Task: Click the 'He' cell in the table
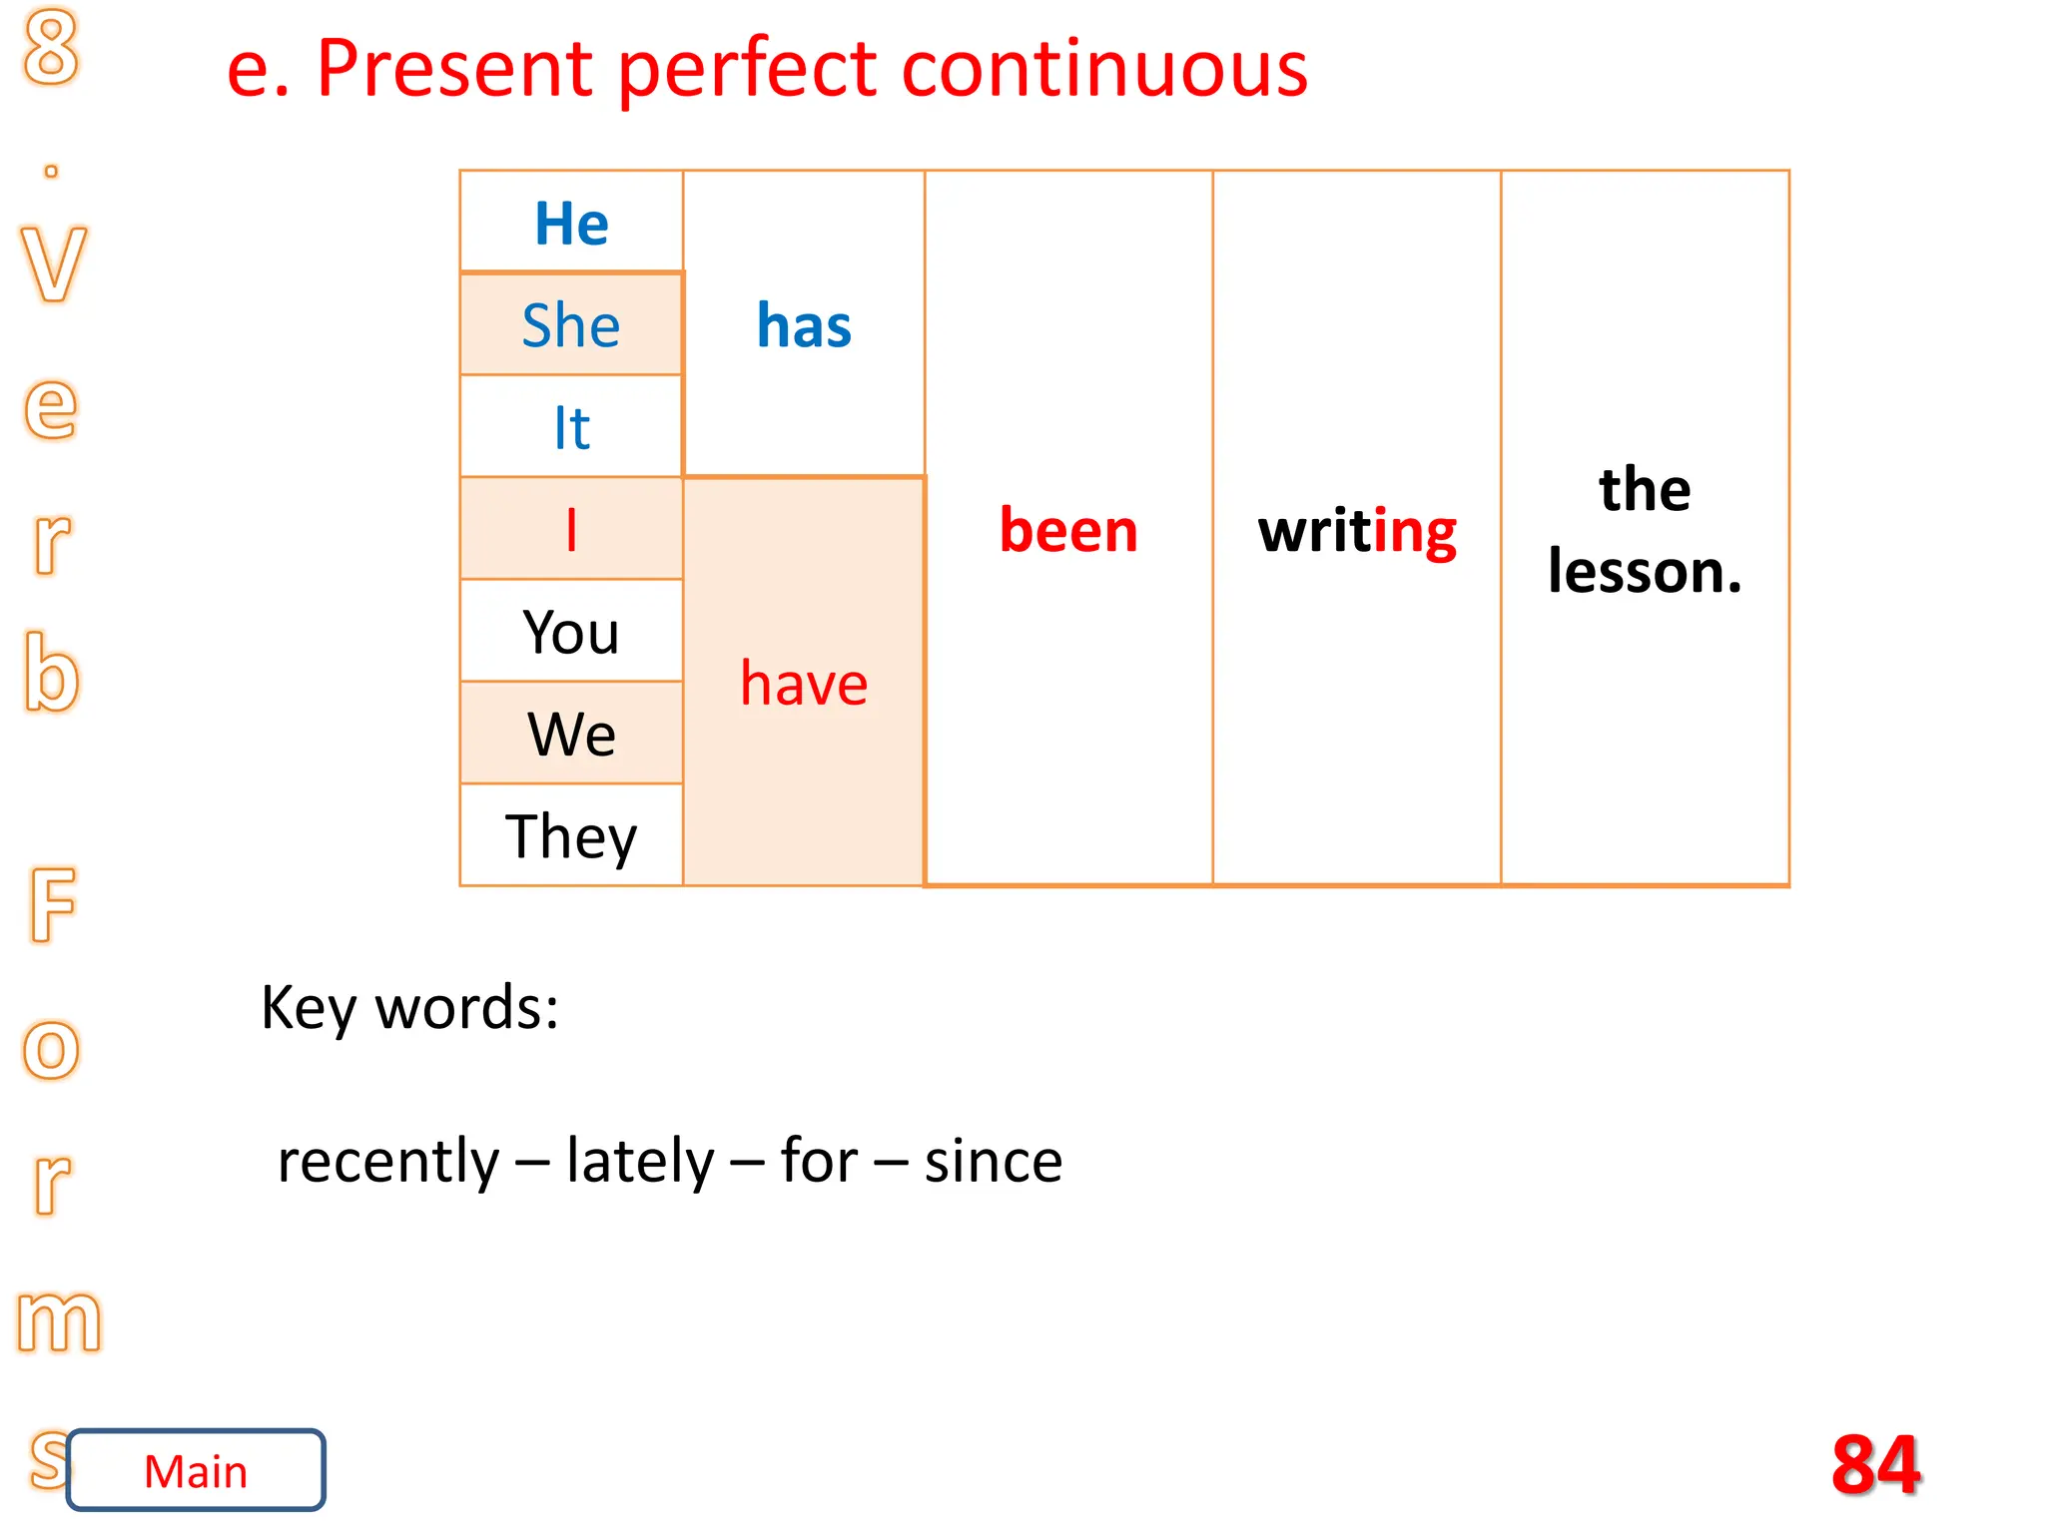(571, 223)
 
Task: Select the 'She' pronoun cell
(571, 325)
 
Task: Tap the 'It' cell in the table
(571, 427)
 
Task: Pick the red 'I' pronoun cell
(571, 529)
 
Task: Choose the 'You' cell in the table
(571, 632)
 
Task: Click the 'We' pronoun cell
(571, 734)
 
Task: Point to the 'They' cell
(571, 836)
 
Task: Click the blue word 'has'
(804, 325)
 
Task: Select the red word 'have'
(804, 684)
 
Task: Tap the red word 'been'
(1068, 530)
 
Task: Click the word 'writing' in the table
(1357, 530)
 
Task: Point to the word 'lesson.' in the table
(1645, 572)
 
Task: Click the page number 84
(1875, 1464)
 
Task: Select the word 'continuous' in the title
(1104, 69)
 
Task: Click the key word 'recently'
(387, 1161)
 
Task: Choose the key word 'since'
(994, 1161)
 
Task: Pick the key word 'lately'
(640, 1161)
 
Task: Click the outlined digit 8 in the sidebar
(51, 47)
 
